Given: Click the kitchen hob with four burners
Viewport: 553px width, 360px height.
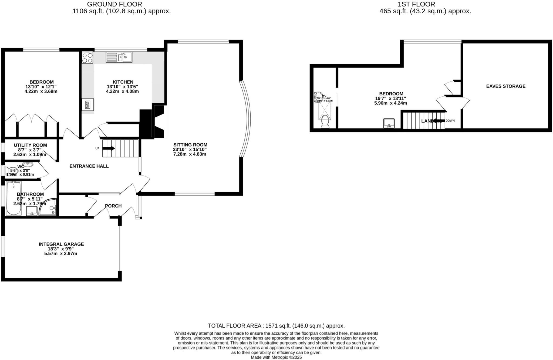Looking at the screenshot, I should [x=87, y=57].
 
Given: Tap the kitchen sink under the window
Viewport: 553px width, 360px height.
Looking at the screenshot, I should [x=119, y=57].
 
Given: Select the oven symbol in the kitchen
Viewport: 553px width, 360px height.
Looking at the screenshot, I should [x=88, y=104].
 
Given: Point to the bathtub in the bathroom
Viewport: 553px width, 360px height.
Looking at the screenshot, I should [x=14, y=198].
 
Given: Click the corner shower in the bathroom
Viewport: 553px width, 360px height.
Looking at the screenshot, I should [x=49, y=207].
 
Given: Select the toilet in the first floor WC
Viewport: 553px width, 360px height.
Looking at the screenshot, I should [x=325, y=122].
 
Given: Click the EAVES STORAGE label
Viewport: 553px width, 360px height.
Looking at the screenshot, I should [x=506, y=86].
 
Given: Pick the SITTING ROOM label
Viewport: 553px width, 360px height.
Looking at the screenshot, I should [x=190, y=145].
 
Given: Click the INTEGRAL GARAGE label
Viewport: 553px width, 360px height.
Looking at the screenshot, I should [x=61, y=244].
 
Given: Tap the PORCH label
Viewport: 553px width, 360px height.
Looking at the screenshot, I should [x=113, y=206].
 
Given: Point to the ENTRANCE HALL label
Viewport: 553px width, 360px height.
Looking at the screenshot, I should [x=89, y=166].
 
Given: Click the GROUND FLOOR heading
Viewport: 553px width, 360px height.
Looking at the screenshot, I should [x=114, y=4].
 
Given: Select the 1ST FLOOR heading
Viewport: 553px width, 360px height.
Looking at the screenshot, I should [x=416, y=4].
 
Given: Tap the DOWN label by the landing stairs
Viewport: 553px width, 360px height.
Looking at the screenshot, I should [x=450, y=121].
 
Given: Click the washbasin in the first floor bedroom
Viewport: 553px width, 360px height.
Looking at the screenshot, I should [x=389, y=123].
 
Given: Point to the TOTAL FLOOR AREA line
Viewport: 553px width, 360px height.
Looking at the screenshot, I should [x=276, y=326].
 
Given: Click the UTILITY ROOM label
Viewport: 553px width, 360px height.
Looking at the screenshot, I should [x=30, y=145].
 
